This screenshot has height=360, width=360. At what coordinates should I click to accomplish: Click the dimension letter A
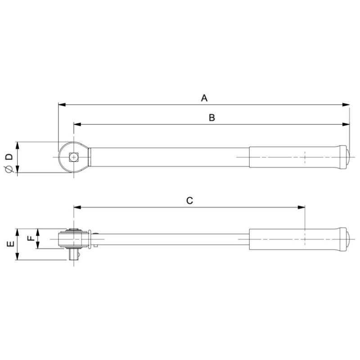[x=204, y=98]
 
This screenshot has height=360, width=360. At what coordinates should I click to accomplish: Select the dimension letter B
[x=212, y=117]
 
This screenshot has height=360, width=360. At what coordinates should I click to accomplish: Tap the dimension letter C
[x=189, y=201]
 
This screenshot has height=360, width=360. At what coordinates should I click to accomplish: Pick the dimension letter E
[x=9, y=244]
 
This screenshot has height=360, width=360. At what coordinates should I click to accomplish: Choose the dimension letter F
[x=31, y=238]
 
